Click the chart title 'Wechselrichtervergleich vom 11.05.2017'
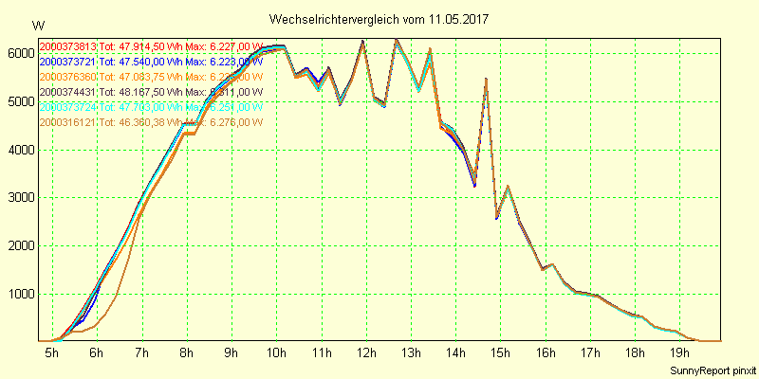point(379,19)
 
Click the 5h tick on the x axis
point(51,352)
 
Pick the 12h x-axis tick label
point(366,352)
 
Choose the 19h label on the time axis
point(680,352)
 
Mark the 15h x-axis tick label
point(501,352)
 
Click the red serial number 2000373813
point(68,46)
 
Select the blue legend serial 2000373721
point(68,62)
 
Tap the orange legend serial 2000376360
point(68,77)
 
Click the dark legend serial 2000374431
point(68,92)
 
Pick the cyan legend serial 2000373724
point(68,107)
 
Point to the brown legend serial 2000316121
point(68,122)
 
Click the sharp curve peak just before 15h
point(486,80)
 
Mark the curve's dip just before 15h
point(496,218)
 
